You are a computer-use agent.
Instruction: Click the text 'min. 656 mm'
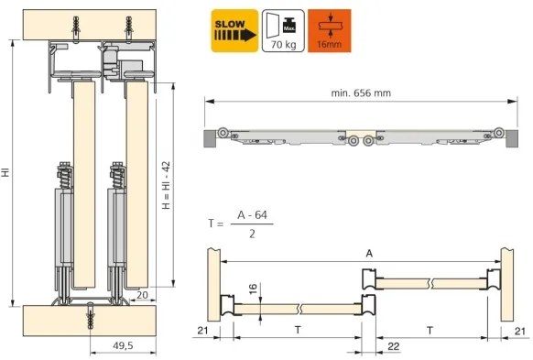tap(359, 92)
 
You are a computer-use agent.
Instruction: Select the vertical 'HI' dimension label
tap(6, 171)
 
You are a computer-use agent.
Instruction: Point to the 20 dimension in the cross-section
tap(142, 294)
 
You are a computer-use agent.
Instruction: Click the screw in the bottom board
tap(91, 315)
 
